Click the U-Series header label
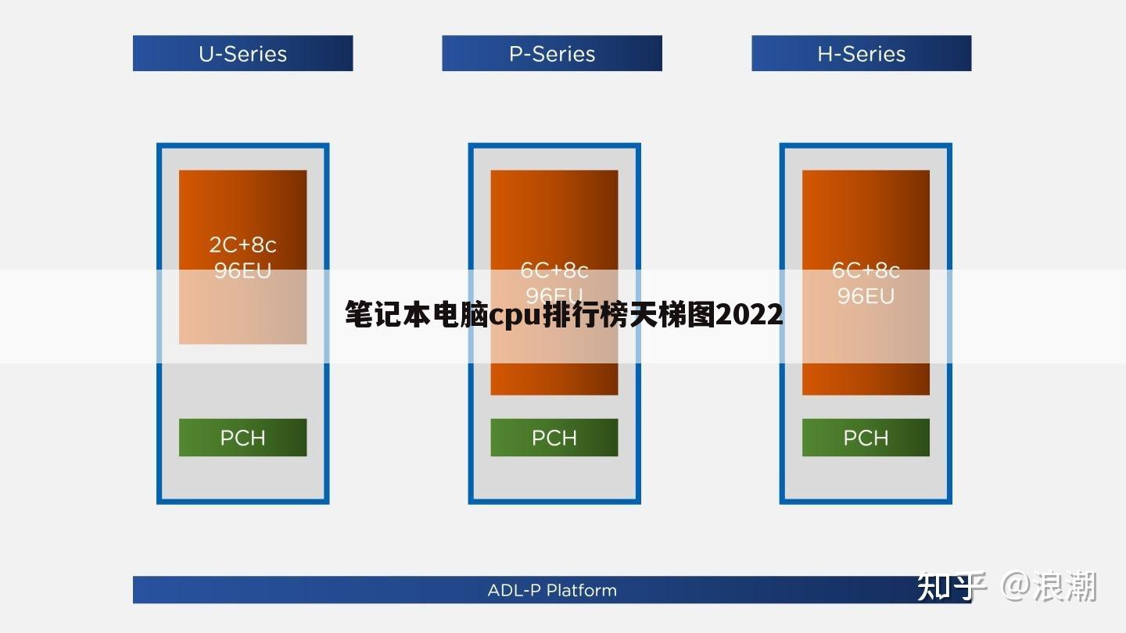coord(242,54)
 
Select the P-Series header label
coord(552,54)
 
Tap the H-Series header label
coord(861,54)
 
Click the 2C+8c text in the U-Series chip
coord(242,245)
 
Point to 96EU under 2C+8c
coord(242,270)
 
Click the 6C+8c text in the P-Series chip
coord(554,270)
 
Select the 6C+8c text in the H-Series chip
coord(866,270)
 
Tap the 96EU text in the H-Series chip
coord(866,296)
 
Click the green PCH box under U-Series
coord(242,438)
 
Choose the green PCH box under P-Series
coord(554,438)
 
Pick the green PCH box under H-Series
coord(866,438)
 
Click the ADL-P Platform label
coord(552,590)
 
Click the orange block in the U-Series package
coord(242,211)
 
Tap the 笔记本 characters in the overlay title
coord(381,315)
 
